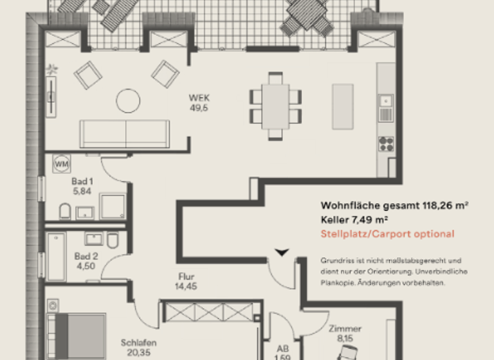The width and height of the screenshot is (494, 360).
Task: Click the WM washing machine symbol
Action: click(62, 164)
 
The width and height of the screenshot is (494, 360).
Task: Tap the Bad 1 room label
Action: click(82, 186)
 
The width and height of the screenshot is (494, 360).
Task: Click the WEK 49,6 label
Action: click(199, 103)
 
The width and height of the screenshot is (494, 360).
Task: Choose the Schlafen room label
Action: click(138, 348)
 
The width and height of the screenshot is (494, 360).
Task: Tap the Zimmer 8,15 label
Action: click(340, 332)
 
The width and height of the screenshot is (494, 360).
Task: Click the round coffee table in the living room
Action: click(128, 100)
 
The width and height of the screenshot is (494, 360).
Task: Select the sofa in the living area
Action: click(125, 133)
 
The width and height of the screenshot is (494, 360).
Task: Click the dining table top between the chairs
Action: click(276, 107)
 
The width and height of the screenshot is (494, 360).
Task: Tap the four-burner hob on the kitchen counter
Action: click(386, 143)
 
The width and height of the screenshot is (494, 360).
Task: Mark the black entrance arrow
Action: click(281, 251)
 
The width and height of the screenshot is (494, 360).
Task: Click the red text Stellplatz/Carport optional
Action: click(387, 234)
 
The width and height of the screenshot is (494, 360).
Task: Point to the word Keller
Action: click(335, 220)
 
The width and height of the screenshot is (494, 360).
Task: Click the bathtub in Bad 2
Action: click(57, 256)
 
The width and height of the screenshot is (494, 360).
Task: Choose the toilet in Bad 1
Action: click(65, 211)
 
